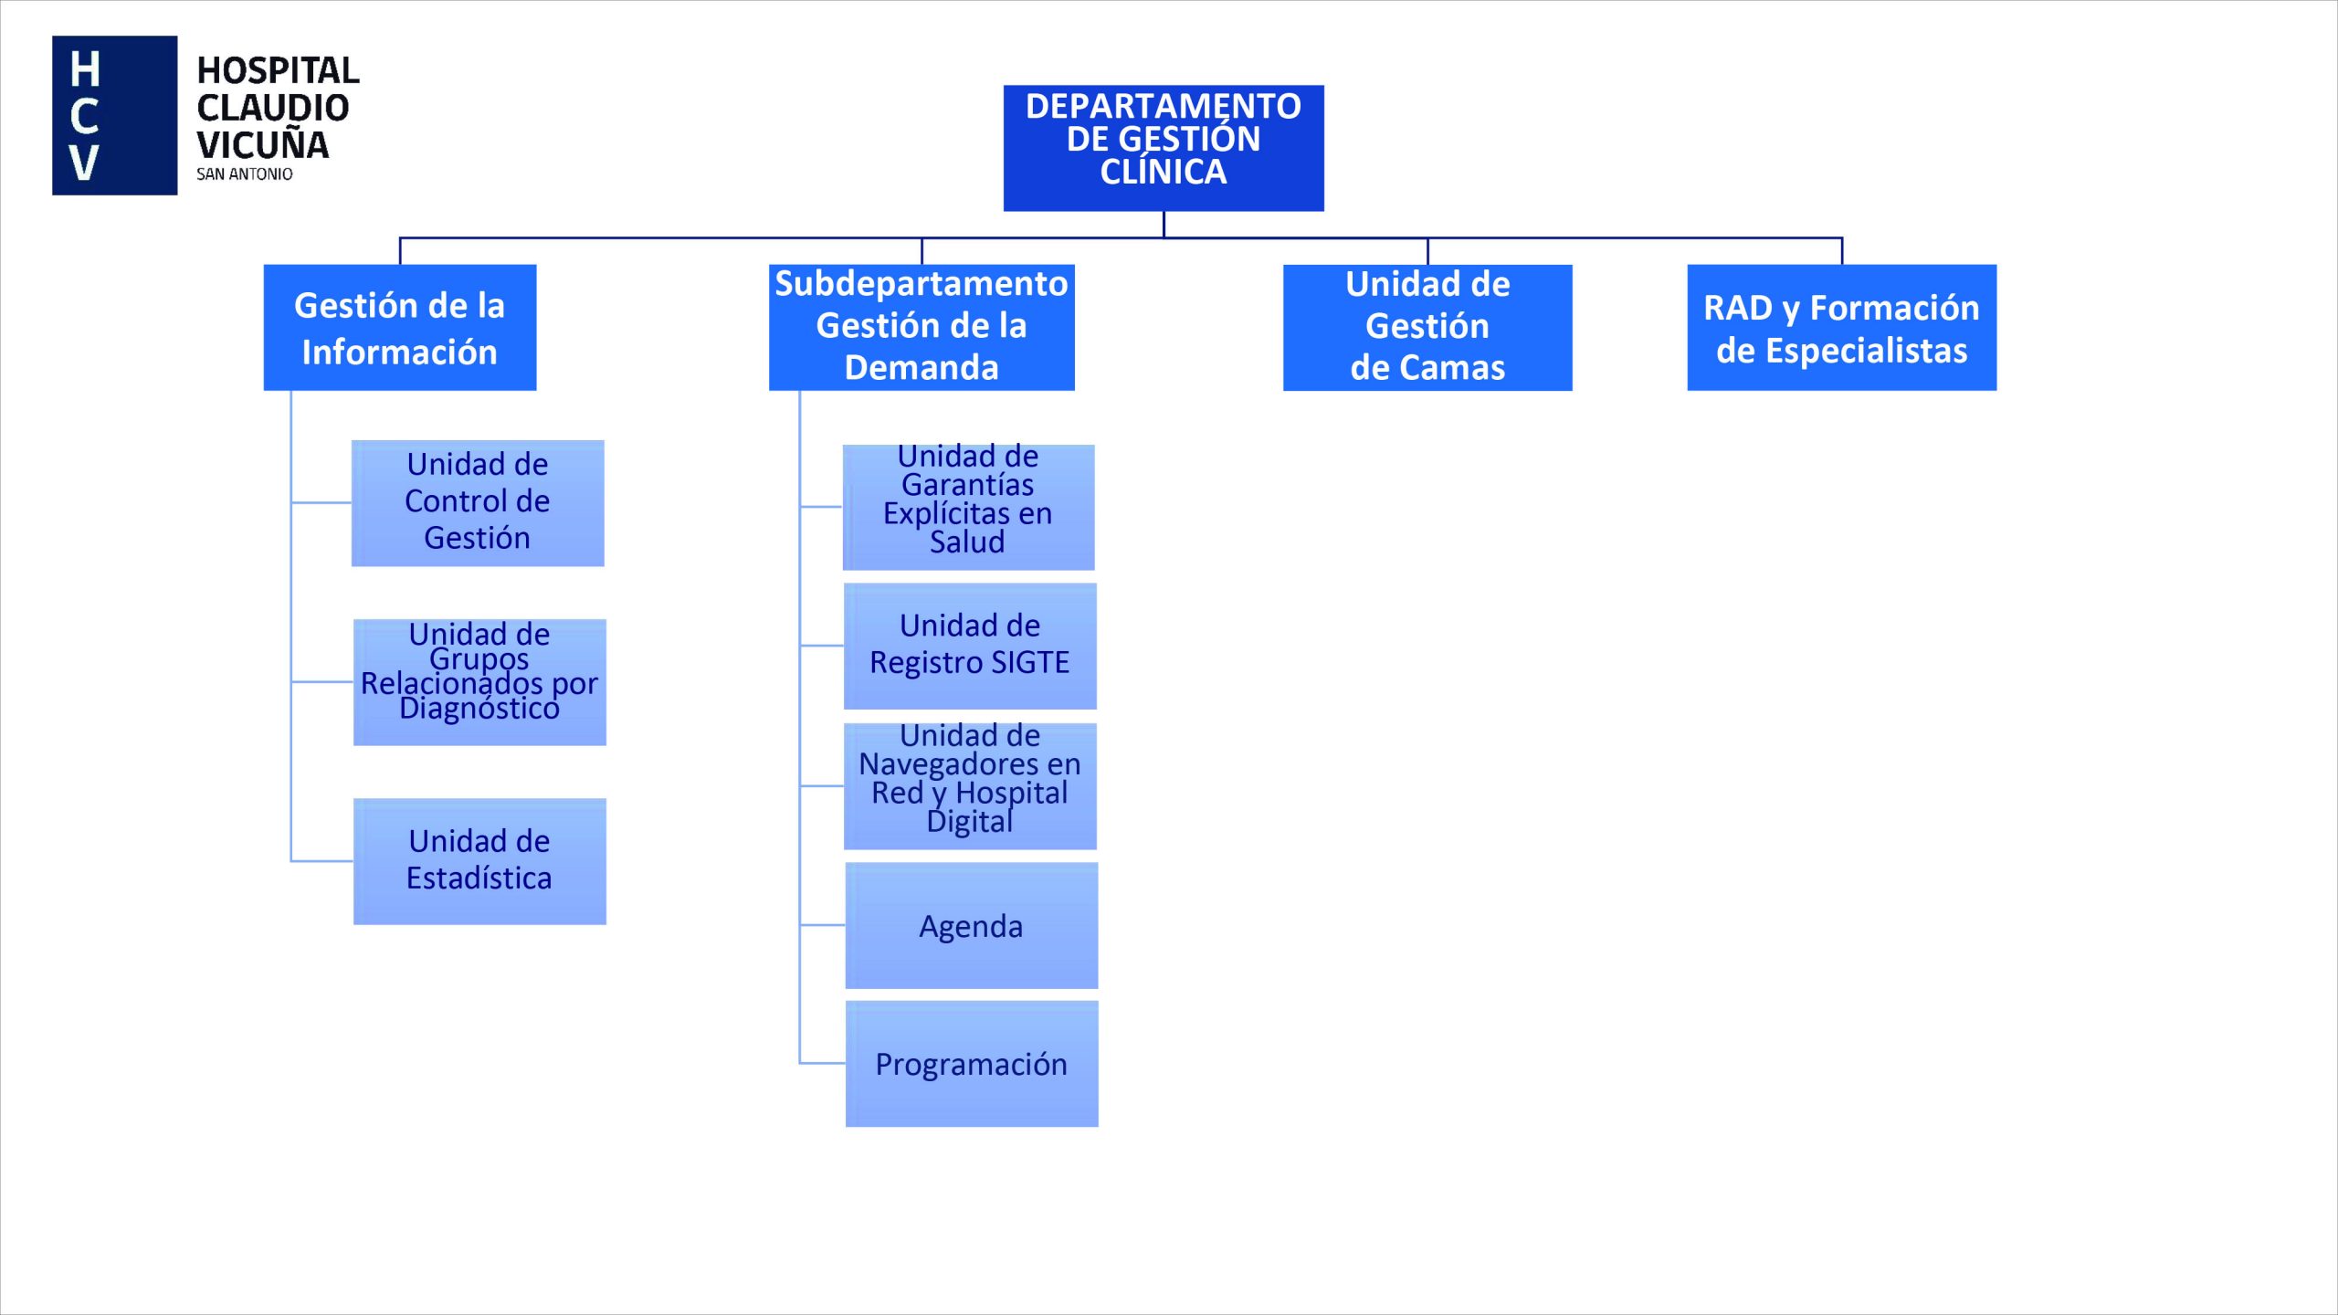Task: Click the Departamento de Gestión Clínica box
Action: [x=1163, y=148]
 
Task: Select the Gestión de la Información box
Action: [x=399, y=328]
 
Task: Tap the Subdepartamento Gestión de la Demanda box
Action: [x=921, y=328]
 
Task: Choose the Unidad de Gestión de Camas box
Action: [x=1427, y=328]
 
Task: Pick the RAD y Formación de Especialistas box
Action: [x=1840, y=328]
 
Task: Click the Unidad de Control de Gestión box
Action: [x=477, y=503]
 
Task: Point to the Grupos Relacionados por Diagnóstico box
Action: [x=479, y=682]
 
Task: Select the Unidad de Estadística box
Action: [x=479, y=861]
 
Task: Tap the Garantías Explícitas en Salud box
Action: [x=967, y=508]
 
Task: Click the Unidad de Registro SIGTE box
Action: [x=969, y=646]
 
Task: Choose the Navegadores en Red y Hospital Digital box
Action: [x=969, y=786]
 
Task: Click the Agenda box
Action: [x=971, y=925]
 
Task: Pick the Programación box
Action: [x=971, y=1064]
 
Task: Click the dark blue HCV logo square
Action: [x=114, y=115]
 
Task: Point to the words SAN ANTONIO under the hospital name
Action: [x=244, y=174]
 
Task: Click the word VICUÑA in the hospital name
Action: [x=262, y=145]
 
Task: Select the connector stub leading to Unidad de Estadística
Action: [x=321, y=860]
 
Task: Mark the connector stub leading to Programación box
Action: [x=822, y=1063]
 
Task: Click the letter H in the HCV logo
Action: [x=84, y=69]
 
